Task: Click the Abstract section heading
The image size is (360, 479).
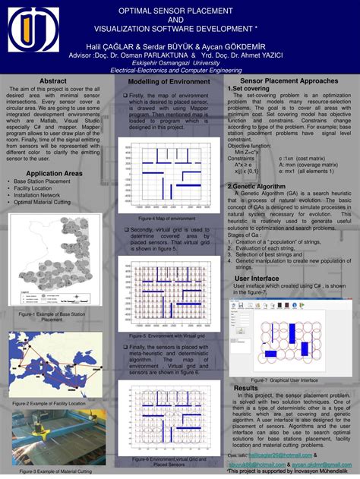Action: point(52,80)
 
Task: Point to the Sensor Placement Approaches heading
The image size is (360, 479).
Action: point(289,80)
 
